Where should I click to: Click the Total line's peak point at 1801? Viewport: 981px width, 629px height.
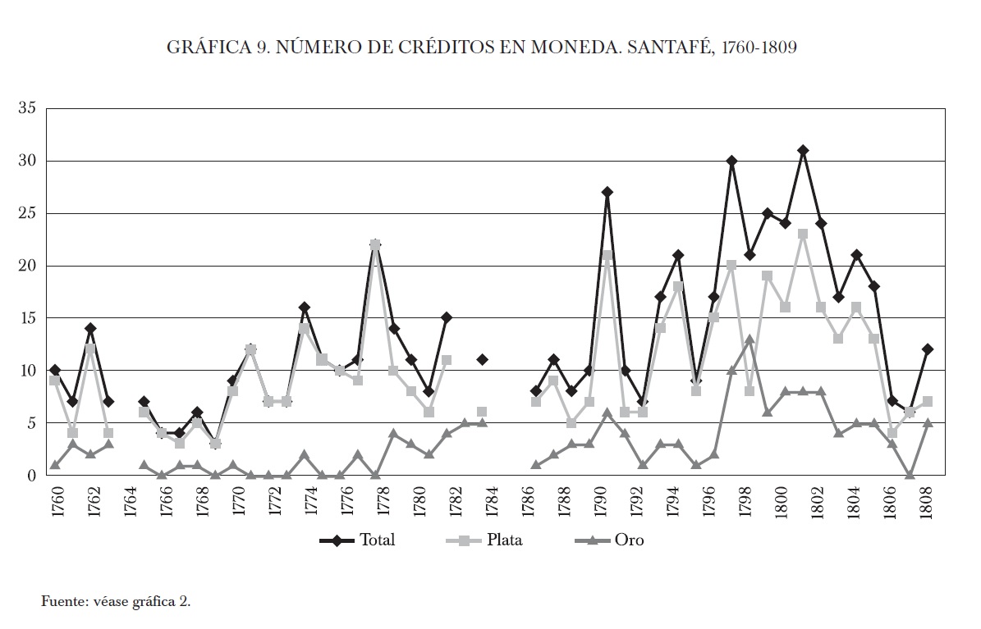(803, 151)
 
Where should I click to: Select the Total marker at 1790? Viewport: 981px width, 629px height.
(607, 193)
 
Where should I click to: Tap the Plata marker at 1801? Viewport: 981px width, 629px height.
(803, 235)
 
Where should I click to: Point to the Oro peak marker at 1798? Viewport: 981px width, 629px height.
(750, 339)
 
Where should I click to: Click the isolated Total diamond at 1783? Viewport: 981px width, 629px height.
(483, 359)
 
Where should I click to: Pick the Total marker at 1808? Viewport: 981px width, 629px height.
(928, 349)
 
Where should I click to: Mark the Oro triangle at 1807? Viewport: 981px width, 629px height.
(910, 475)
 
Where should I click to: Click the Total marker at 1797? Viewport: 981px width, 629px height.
(731, 161)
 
